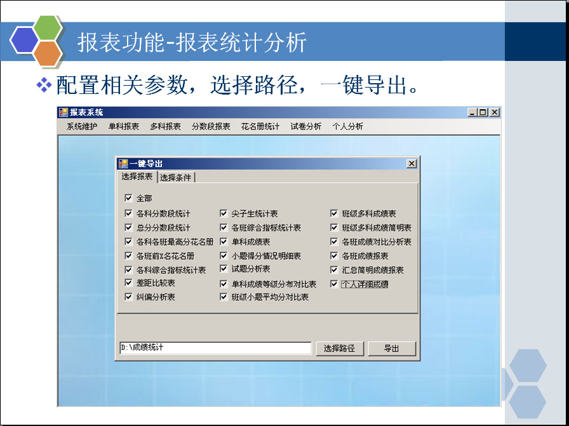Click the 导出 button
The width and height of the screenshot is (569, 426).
(x=392, y=349)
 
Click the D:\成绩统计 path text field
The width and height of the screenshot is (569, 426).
(x=215, y=348)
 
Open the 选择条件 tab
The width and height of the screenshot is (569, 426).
(x=176, y=177)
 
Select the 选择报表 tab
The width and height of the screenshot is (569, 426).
(x=137, y=176)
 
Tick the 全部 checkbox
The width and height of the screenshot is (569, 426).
(x=128, y=197)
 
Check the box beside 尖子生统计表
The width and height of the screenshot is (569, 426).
(x=224, y=213)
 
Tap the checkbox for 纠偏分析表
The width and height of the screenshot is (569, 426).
(x=128, y=297)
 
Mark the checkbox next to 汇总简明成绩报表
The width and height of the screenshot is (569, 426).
(x=334, y=270)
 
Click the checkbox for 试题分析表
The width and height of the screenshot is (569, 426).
(x=224, y=269)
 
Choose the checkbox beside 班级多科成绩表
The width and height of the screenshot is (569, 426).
(x=334, y=213)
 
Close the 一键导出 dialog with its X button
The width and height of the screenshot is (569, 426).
(x=411, y=164)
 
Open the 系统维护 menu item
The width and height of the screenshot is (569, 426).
(x=82, y=126)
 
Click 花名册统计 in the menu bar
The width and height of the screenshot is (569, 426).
(x=260, y=126)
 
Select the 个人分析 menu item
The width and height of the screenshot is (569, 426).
(x=347, y=126)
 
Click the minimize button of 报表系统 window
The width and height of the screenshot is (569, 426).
(x=472, y=112)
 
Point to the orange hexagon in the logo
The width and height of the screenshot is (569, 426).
(x=48, y=53)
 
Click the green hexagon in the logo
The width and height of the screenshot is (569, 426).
(x=48, y=27)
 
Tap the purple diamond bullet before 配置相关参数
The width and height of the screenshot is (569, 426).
(x=44, y=85)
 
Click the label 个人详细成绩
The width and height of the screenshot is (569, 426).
(x=365, y=284)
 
